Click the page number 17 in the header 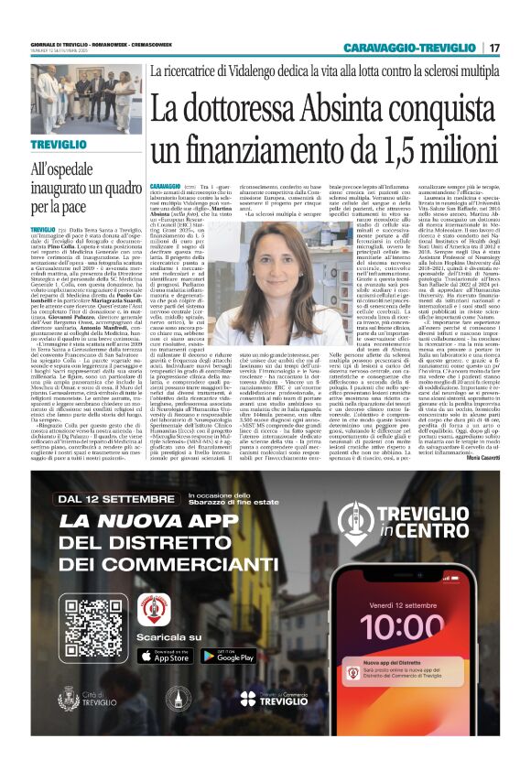[x=494, y=47]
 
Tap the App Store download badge [x=166, y=655]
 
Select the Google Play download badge [x=228, y=655]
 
